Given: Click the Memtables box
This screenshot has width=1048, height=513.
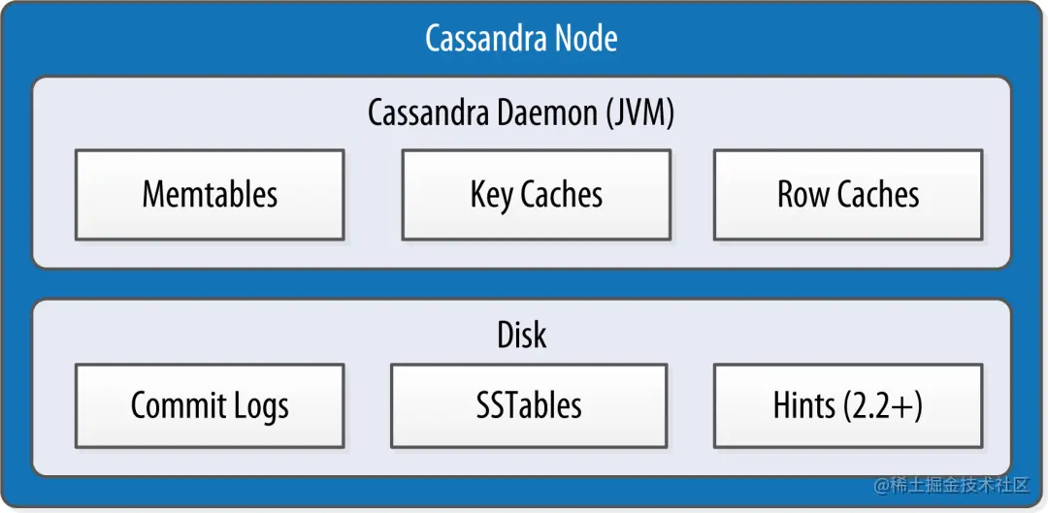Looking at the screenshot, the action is (x=210, y=194).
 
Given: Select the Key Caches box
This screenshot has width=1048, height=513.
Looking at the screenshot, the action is (x=536, y=194).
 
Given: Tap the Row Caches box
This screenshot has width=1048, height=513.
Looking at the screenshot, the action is (x=848, y=194).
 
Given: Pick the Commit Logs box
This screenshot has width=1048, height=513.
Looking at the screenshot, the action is (x=210, y=405).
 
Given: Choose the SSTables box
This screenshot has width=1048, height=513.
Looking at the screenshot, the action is (x=529, y=405).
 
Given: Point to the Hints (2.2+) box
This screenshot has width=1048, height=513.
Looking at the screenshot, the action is (x=848, y=405).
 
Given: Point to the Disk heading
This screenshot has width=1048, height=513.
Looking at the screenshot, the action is (x=522, y=334).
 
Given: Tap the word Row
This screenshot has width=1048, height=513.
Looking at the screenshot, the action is (x=800, y=195).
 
